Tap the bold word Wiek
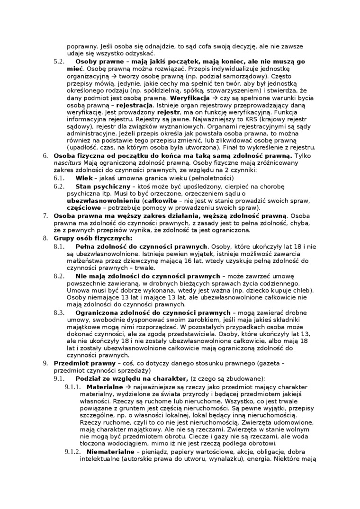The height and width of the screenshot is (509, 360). (84, 178)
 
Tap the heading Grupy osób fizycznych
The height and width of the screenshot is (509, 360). (93, 238)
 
